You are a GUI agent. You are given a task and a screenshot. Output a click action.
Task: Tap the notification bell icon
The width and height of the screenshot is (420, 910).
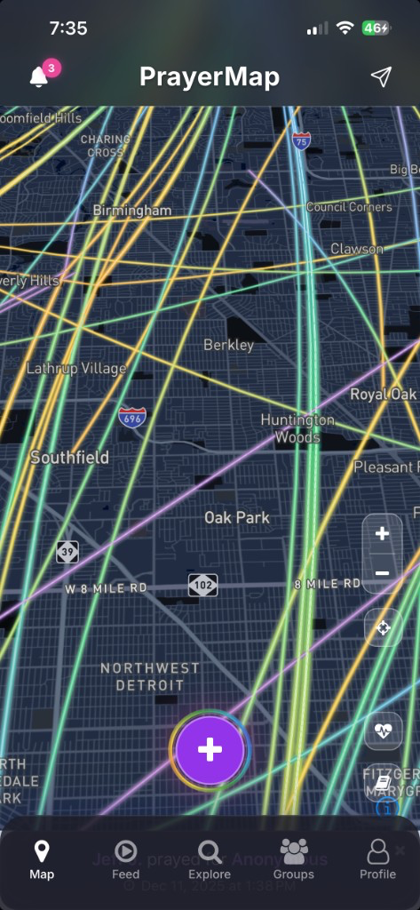[x=38, y=77]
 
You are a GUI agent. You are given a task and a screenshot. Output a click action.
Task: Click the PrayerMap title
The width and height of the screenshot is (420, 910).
[x=210, y=77]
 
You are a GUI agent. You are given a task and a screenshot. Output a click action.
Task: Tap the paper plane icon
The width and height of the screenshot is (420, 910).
[x=381, y=77]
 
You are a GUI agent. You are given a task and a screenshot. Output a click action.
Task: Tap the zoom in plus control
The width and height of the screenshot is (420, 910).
[x=383, y=534]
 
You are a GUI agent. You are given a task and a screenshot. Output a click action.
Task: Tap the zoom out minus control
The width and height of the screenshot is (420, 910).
[x=383, y=573]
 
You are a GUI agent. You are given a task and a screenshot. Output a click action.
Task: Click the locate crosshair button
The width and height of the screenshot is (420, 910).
[x=384, y=628]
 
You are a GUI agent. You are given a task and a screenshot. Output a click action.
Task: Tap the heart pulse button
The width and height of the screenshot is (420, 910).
[x=384, y=731]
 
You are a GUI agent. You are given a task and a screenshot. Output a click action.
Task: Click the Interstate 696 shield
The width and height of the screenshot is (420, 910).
[x=132, y=417]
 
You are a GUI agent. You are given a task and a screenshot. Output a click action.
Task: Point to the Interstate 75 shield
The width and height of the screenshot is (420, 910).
[x=302, y=140]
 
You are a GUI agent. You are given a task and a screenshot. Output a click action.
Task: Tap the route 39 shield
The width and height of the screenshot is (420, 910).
[x=67, y=552]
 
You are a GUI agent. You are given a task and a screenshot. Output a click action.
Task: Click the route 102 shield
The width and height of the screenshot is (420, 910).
[x=202, y=585]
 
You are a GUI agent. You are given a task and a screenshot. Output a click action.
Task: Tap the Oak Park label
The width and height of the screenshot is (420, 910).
[x=236, y=517]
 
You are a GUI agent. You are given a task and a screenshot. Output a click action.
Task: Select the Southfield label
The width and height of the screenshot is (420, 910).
[x=69, y=458]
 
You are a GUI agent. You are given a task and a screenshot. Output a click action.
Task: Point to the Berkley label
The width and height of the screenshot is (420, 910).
[x=228, y=345]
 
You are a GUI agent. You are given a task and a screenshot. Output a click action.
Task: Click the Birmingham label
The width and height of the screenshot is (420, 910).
[x=132, y=211]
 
